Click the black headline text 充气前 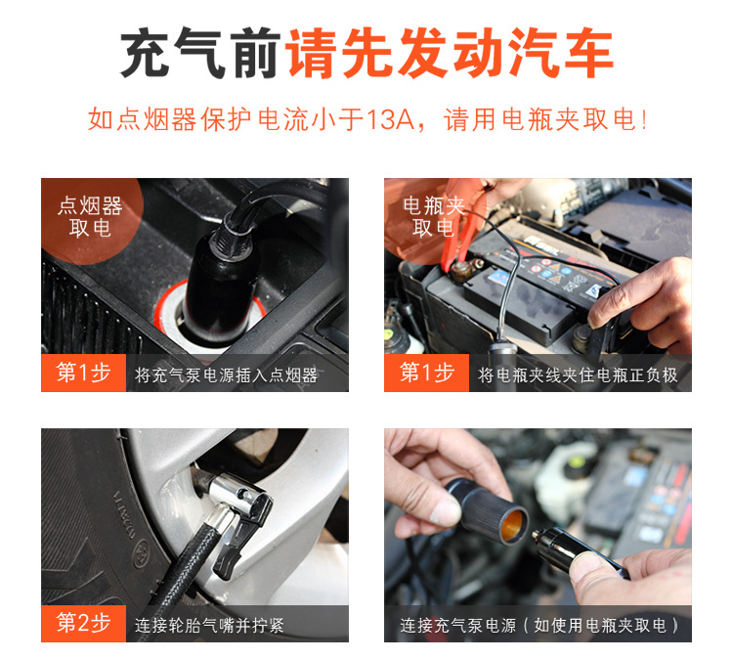coord(200,53)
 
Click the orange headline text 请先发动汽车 coord(450,53)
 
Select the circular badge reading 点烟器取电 coord(91,218)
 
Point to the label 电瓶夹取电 coord(434,216)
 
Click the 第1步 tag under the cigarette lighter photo coord(84,373)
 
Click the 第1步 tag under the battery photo coord(426,373)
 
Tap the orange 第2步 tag coord(84,624)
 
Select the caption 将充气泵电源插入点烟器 coord(226,374)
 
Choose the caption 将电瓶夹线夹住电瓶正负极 coord(578,374)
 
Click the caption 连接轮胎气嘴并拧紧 coord(209,626)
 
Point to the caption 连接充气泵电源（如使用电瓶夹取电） coord(539,626)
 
